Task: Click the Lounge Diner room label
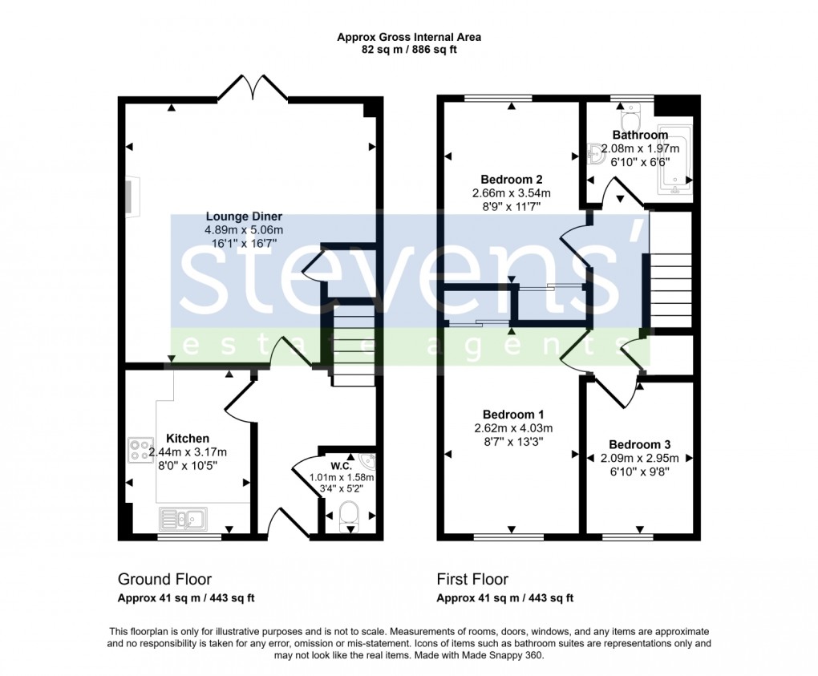[244, 217]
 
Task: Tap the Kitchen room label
[188, 439]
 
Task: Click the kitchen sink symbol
[184, 520]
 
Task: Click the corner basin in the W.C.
[366, 462]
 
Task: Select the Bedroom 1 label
[512, 414]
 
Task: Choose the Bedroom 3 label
[639, 444]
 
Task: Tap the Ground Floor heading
[164, 579]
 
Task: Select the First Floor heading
[472, 579]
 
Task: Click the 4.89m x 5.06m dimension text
[244, 230]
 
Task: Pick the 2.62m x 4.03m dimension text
[512, 427]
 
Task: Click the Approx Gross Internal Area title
[409, 37]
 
